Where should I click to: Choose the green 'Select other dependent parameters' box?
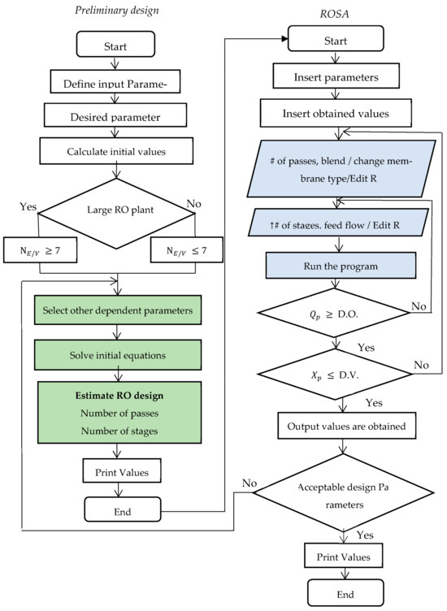118,311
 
